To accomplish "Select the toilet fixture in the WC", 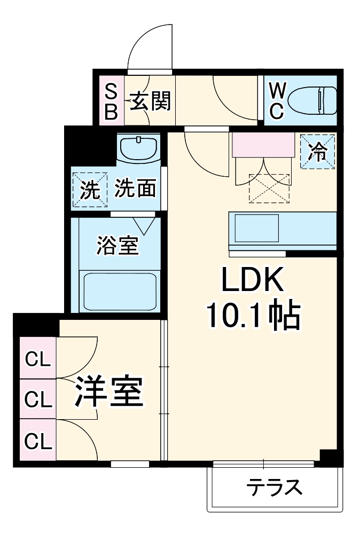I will (312, 100).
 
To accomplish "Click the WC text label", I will (276, 100).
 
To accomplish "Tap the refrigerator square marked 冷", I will (318, 151).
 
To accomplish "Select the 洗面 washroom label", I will (136, 189).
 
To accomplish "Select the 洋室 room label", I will (109, 393).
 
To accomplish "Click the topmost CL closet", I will (38, 359).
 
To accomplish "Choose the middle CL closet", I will (38, 398).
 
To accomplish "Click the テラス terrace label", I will (274, 487).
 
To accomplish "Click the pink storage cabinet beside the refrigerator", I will (263, 145).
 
